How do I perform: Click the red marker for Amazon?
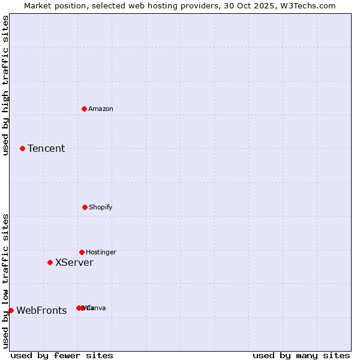85,109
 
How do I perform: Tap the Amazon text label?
101,109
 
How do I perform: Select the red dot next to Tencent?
23,148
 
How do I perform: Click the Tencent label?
46,148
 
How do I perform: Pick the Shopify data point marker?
85,207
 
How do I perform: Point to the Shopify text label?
101,207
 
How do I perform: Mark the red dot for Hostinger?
82,252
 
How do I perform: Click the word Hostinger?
101,252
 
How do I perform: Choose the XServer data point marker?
50,262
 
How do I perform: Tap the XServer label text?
74,262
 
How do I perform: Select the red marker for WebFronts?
11,310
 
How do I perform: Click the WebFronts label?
41,310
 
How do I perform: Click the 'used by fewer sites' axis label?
62,355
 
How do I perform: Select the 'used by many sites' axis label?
301,355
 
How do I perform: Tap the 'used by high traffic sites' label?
5,85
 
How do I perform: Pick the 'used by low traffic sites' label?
5,281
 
